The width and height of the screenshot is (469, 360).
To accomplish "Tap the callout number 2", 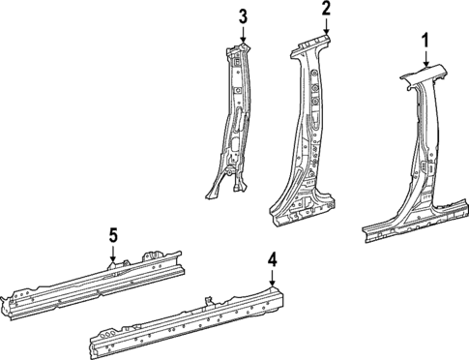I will [327, 9].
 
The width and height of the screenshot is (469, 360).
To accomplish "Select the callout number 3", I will [244, 15].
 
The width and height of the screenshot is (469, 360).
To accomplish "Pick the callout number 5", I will [113, 235].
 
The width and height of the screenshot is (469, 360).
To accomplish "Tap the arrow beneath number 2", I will [327, 27].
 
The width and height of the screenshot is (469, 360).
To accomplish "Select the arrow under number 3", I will [244, 35].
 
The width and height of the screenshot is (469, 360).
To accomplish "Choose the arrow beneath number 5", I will [113, 255].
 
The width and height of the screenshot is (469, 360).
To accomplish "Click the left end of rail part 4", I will [95, 344].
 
